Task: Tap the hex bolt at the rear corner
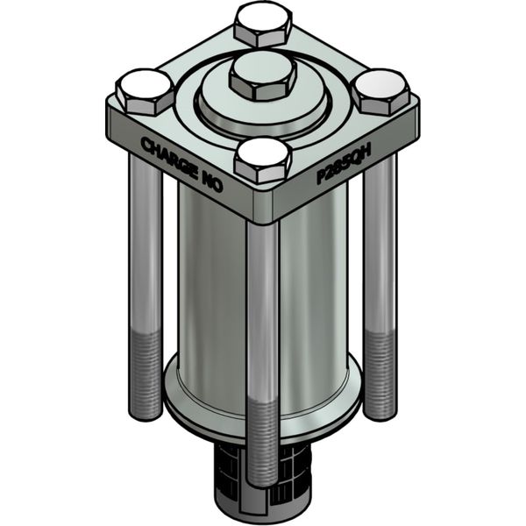coord(263,24)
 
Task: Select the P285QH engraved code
coord(344,163)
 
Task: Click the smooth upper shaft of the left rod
coord(146,245)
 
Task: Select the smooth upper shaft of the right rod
coord(380,245)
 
